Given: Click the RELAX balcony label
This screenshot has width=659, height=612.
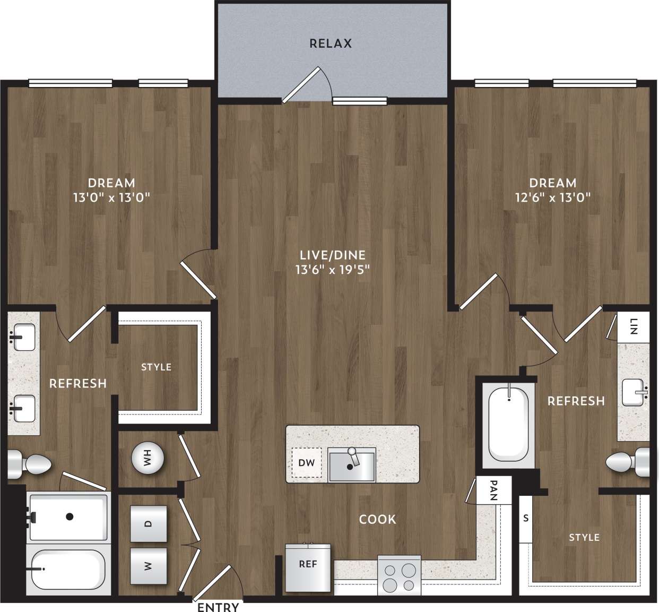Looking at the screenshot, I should point(331,44).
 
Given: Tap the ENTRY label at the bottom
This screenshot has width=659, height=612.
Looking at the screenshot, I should point(218,607).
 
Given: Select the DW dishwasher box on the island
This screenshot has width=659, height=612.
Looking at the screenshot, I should point(306,462).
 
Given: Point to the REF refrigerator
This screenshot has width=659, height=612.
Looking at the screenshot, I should point(308,567).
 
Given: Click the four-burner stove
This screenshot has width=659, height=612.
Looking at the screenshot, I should point(400,577).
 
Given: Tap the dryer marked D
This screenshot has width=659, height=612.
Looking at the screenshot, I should point(149,524).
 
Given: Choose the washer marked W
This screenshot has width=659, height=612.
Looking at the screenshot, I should point(149,566).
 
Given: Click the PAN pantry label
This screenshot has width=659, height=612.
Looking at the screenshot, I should point(493,490).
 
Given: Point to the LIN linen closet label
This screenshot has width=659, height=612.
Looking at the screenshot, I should point(633,326).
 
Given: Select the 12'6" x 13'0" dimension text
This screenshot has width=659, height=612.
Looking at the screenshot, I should point(553,197).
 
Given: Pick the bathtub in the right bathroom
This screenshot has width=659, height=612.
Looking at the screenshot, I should point(508,425).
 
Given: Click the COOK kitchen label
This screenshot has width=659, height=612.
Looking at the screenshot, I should point(377,519).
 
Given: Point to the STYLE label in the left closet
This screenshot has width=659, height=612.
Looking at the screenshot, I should point(156,367).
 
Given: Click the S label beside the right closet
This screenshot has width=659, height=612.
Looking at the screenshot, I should point(526,519).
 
